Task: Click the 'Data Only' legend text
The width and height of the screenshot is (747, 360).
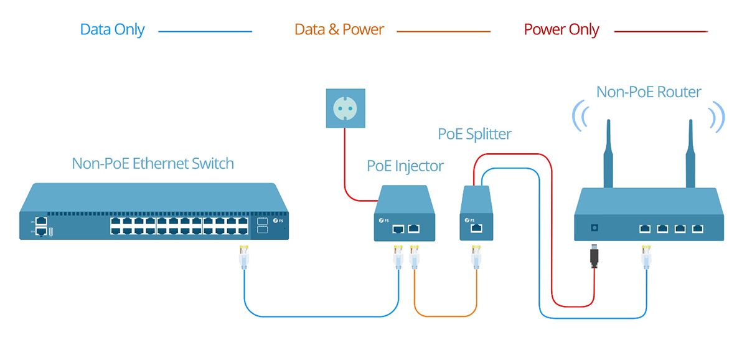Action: [113, 30]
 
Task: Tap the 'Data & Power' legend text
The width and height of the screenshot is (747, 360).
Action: [339, 29]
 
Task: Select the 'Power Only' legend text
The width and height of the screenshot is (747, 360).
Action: [561, 30]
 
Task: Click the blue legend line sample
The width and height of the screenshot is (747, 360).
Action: [205, 32]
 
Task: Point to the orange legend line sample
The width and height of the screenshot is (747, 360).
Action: [443, 32]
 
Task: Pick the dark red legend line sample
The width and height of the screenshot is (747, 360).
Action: [661, 32]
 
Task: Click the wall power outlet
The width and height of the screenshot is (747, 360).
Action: [345, 108]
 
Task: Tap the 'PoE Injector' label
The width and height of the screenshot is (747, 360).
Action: [405, 166]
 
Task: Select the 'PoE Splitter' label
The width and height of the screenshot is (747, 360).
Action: [474, 134]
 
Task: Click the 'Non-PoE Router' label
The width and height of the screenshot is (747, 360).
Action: [649, 92]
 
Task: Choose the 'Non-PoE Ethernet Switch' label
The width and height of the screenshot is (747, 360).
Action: [153, 163]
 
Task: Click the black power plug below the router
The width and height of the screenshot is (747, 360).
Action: [594, 256]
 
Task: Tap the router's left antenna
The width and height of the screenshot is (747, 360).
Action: [608, 153]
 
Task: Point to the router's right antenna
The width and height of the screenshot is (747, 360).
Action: [690, 153]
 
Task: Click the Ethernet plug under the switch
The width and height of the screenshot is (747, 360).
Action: [244, 257]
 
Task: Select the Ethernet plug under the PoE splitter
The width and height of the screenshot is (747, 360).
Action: [476, 257]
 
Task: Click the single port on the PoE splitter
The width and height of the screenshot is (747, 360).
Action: [476, 229]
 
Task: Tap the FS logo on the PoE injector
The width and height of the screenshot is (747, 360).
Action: [384, 220]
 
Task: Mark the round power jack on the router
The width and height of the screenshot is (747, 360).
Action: [594, 228]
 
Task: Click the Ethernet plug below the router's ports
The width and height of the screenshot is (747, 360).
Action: [646, 257]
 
